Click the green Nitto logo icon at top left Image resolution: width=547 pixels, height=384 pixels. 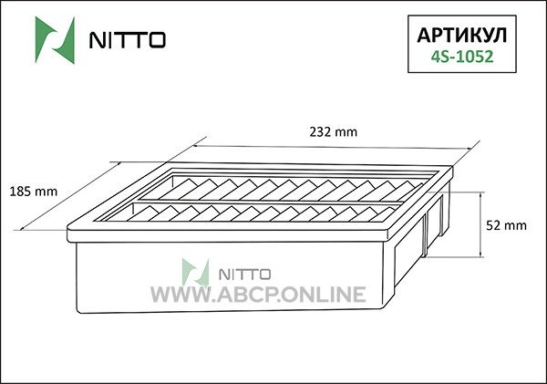click(55, 40)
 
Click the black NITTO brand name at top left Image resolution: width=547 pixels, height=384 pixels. click(128, 40)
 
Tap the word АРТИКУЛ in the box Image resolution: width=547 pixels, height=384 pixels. click(462, 35)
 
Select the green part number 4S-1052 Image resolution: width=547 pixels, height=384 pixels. click(462, 57)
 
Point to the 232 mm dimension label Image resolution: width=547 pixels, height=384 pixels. click(334, 132)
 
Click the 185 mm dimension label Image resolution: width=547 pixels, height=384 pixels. click(33, 192)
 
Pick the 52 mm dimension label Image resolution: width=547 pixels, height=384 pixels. click(506, 225)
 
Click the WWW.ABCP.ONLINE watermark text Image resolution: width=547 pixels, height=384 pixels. click(259, 294)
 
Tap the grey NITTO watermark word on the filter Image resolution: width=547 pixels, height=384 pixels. click(244, 275)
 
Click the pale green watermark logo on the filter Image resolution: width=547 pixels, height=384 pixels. click(195, 273)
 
